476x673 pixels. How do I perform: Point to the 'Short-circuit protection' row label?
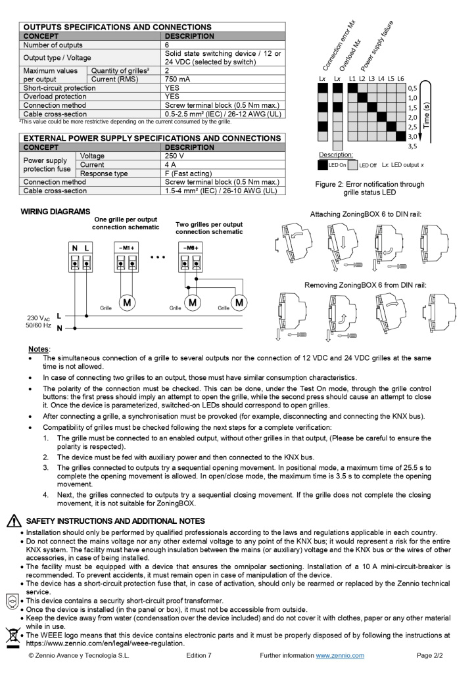pyautogui.click(x=59, y=87)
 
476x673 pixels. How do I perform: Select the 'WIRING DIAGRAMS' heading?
pyautogui.click(x=55, y=212)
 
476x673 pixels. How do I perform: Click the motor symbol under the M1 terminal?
pyautogui.click(x=126, y=302)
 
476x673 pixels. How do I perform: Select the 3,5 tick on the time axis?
pyautogui.click(x=412, y=146)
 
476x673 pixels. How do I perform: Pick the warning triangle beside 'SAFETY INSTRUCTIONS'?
pyautogui.click(x=12, y=521)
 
